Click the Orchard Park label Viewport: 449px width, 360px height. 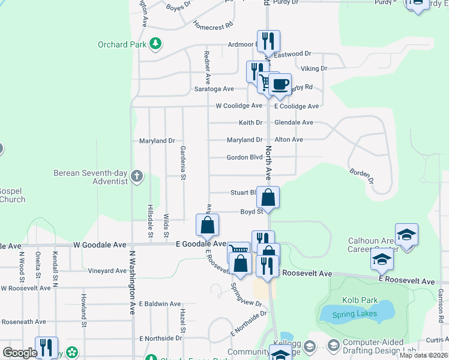point(123,44)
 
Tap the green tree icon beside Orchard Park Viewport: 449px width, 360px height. point(155,43)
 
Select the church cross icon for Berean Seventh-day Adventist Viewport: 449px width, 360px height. point(137,176)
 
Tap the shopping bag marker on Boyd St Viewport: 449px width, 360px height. point(269,197)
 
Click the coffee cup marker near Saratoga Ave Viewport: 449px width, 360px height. point(279,84)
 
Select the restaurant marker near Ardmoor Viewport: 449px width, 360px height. point(268,41)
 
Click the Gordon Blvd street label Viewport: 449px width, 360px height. point(244,157)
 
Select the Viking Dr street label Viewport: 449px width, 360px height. point(315,68)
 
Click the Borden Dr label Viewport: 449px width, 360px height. point(363,175)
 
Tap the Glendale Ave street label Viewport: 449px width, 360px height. point(294,122)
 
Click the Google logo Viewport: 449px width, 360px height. point(19,353)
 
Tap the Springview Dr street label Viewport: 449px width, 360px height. point(247,294)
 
